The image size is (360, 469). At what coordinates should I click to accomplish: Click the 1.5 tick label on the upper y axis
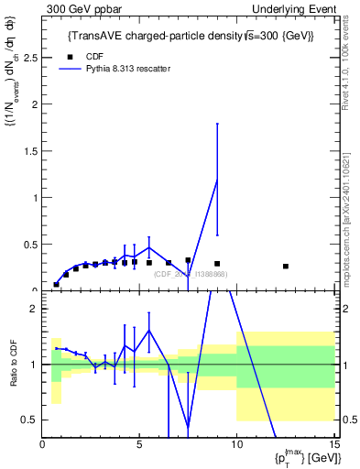29,151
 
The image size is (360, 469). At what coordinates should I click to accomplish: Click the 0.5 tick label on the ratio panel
29,420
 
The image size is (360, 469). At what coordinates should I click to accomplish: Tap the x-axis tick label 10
236,446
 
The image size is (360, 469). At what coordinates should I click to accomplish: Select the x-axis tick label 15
333,446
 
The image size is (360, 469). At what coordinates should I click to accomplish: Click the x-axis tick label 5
139,446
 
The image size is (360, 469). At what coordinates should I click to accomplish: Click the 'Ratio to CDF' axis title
15,365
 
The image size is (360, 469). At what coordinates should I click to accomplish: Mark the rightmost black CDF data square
286,267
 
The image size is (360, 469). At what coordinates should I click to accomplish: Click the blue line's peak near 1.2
217,180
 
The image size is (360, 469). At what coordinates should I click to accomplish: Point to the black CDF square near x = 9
217,264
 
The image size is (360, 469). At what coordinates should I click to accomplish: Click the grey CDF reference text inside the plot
191,274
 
